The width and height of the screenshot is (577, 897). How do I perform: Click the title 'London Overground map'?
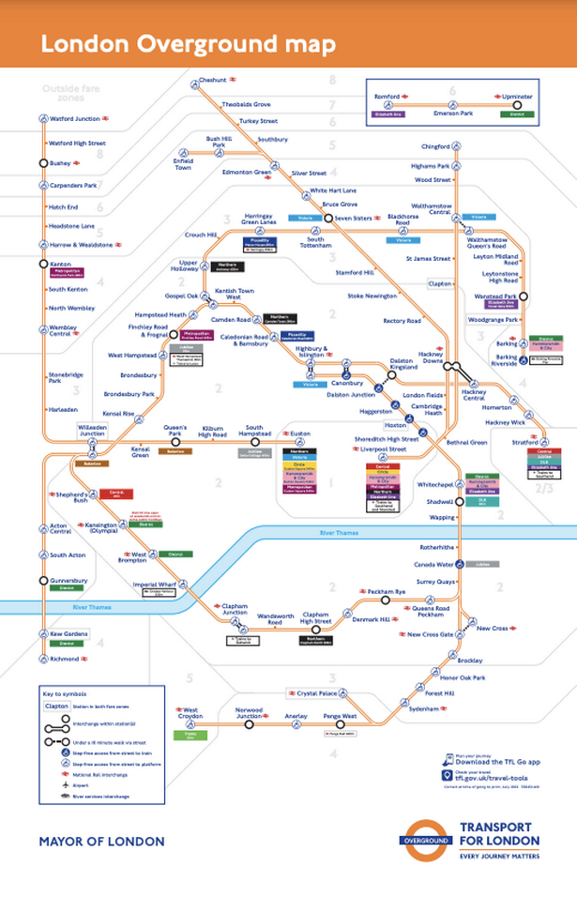(187, 44)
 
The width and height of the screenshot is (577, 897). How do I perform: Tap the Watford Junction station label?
(74, 119)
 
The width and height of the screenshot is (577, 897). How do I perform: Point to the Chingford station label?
(436, 146)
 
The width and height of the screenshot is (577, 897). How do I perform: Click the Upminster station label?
(517, 97)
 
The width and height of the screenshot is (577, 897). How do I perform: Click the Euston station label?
(300, 433)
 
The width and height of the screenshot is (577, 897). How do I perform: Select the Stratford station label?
(525, 441)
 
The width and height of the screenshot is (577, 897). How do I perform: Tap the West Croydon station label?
(190, 713)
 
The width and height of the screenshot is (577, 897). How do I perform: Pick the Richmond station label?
(65, 660)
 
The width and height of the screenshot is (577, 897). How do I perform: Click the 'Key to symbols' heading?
(65, 692)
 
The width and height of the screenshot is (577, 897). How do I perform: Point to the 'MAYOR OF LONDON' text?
(101, 842)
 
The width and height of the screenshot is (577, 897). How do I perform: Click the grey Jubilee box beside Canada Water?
(483, 565)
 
